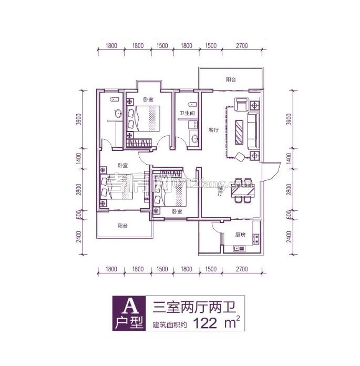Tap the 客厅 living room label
[x=213, y=130]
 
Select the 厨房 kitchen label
[x=234, y=236]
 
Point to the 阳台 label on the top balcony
[x=231, y=79]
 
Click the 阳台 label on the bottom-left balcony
[x=122, y=226]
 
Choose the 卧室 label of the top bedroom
[x=148, y=100]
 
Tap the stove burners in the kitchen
[x=255, y=238]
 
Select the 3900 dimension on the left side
[x=78, y=119]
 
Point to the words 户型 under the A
[x=128, y=322]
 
